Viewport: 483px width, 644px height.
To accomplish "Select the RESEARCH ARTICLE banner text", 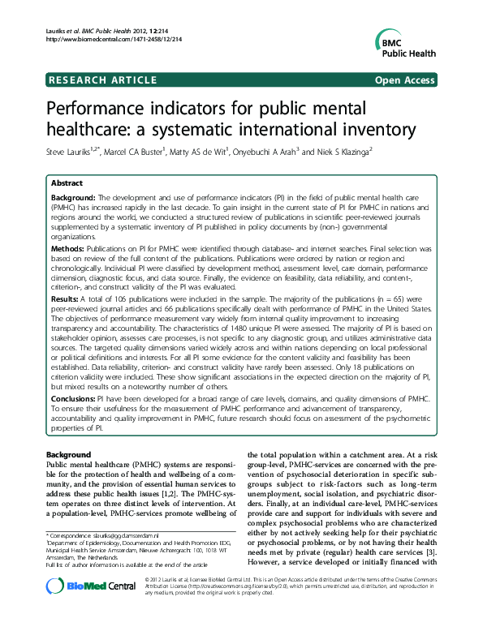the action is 103,79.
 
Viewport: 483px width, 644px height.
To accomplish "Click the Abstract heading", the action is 68,184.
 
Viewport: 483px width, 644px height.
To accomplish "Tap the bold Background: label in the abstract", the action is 74,198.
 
